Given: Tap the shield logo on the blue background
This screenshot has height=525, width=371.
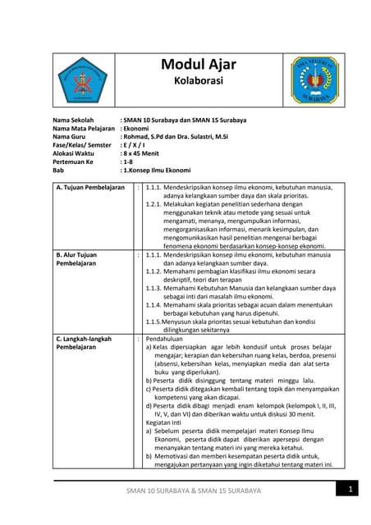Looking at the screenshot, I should (314, 80).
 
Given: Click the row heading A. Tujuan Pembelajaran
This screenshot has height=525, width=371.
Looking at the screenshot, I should (89, 188).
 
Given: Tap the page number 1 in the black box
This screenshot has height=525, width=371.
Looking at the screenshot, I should (350, 490).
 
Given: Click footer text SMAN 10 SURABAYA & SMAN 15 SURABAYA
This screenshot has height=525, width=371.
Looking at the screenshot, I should (192, 491).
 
